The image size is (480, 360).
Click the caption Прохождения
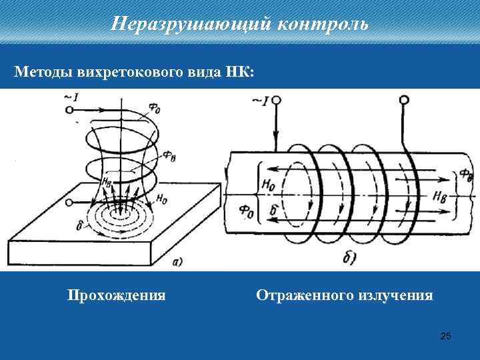coord(117,295)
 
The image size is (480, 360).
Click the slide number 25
coord(446,336)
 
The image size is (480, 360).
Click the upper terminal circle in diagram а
coord(69,111)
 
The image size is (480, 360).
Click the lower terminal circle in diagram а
coord(69,201)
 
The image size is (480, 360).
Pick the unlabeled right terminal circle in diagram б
coord(403,100)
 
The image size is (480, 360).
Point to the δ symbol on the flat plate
coord(80,227)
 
